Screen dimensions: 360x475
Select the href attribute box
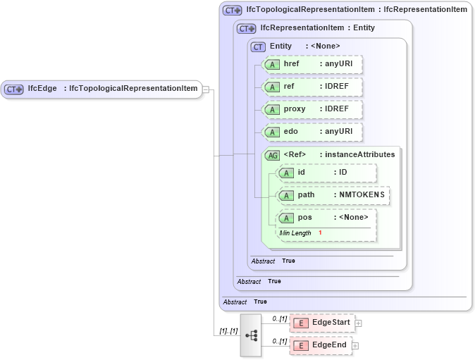click(x=311, y=64)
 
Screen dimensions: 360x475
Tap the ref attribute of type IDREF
click(x=311, y=87)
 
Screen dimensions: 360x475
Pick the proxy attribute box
click(x=311, y=109)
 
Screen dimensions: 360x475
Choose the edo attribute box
click(x=311, y=132)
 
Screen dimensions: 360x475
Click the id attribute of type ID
click(x=327, y=173)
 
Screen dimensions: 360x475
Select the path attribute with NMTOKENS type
click(x=333, y=195)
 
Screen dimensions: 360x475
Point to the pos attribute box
click(x=327, y=218)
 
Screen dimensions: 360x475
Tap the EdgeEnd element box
click(x=321, y=345)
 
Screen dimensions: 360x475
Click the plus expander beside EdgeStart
click(x=358, y=323)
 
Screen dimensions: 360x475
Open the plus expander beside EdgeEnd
click(x=355, y=346)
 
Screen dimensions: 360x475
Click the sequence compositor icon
click(x=250, y=335)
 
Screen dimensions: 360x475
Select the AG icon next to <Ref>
click(x=272, y=155)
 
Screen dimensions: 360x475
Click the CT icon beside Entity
click(x=259, y=46)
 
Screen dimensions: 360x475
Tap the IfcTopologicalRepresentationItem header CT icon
click(x=231, y=11)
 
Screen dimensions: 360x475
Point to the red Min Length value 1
click(x=320, y=232)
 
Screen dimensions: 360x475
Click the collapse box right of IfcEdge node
click(x=206, y=89)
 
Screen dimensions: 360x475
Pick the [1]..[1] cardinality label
click(x=228, y=330)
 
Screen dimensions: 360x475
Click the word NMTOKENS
click(x=362, y=195)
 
